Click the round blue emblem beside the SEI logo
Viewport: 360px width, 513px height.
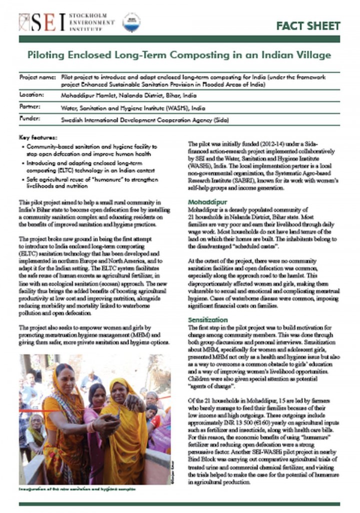pos(131,22)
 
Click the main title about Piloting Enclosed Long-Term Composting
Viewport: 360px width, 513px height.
pos(180,55)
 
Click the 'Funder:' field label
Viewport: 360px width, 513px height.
pos(29,119)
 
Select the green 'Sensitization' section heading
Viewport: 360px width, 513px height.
pos(207,319)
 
